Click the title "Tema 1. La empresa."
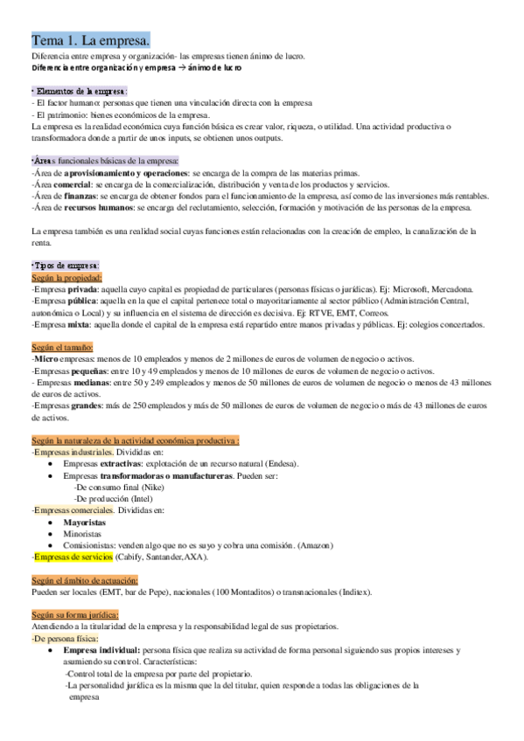[91, 40]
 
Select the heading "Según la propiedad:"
[65, 277]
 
